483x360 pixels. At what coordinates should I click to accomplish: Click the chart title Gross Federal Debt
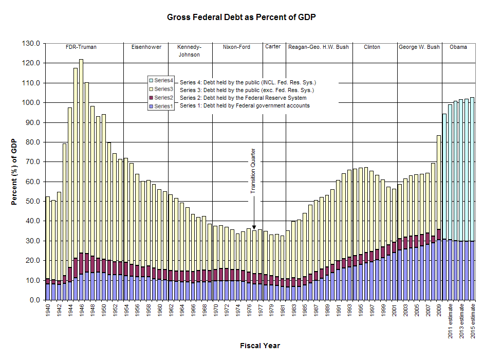[x=241, y=17]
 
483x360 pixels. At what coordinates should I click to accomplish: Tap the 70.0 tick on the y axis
[x=31, y=161]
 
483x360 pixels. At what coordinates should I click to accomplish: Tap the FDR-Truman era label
[x=81, y=47]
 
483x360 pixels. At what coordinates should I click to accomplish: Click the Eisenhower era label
[x=146, y=47]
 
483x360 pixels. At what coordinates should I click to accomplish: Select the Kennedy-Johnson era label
[x=189, y=51]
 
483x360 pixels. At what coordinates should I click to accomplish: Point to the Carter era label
[x=273, y=47]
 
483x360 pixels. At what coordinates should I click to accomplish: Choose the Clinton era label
[x=372, y=47]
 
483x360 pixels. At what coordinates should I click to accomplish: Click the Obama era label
[x=458, y=47]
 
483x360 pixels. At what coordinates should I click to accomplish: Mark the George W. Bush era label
[x=419, y=47]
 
